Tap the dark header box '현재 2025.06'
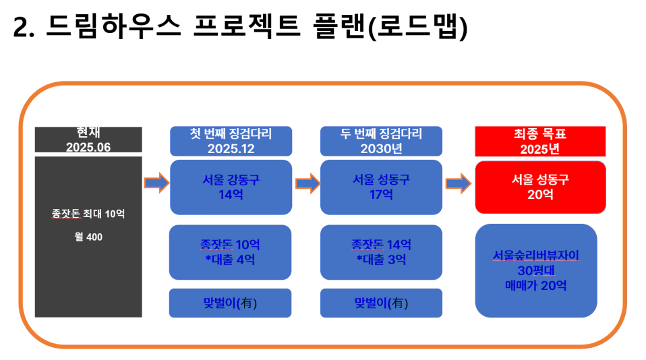click(88, 140)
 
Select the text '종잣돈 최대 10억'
click(88, 213)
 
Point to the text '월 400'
click(88, 237)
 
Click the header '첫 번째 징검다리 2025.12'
click(231, 141)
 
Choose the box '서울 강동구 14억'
click(231, 187)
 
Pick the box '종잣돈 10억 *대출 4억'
click(230, 252)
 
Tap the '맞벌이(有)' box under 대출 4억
click(230, 303)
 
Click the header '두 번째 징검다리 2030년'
click(381, 141)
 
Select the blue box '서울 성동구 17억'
click(381, 187)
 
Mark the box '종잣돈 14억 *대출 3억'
click(381, 252)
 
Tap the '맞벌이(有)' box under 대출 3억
click(381, 303)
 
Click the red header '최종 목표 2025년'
click(540, 142)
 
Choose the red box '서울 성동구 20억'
click(540, 187)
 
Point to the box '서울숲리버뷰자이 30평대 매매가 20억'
click(536, 270)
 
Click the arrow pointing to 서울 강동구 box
click(156, 183)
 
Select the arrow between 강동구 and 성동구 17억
click(307, 183)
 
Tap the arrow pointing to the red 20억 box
click(458, 183)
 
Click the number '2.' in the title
click(24, 28)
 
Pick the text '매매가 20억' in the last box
click(536, 285)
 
